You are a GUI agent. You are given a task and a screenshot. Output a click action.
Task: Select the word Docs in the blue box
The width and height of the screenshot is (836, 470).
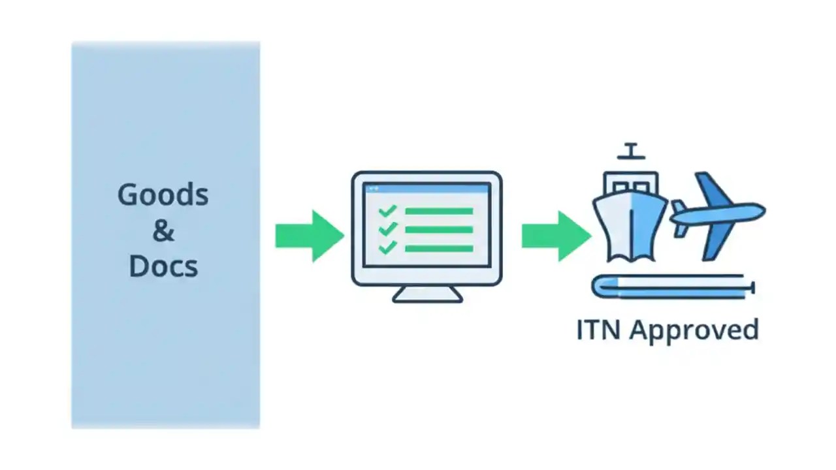pyautogui.click(x=163, y=266)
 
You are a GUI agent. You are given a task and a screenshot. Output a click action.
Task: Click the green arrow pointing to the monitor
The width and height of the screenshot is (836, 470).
pyautogui.click(x=309, y=236)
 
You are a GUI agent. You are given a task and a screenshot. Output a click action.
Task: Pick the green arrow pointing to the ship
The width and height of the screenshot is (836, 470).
pyautogui.click(x=555, y=236)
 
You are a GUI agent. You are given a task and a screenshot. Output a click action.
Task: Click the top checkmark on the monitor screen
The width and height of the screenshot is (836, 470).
pyautogui.click(x=387, y=211)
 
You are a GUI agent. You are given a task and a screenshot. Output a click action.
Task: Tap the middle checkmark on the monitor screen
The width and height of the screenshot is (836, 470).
pyautogui.click(x=387, y=229)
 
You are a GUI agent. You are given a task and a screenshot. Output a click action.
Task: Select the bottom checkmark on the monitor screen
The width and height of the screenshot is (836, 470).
pyautogui.click(x=387, y=247)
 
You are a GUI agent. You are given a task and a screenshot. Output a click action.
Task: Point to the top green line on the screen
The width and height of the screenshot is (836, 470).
pyautogui.click(x=439, y=211)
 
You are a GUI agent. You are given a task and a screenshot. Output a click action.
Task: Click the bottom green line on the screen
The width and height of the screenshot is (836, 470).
pyautogui.click(x=439, y=248)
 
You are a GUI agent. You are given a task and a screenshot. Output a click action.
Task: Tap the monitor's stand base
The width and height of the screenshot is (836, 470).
pyautogui.click(x=427, y=296)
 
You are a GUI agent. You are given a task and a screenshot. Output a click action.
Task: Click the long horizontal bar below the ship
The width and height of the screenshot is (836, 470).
pyautogui.click(x=673, y=287)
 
